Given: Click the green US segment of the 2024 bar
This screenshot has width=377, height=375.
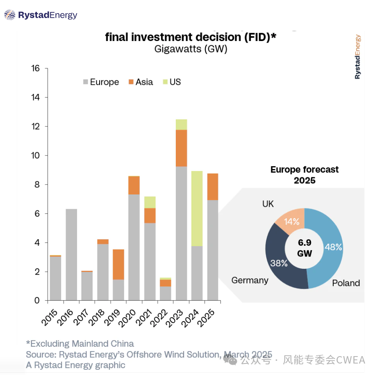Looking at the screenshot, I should (x=197, y=208).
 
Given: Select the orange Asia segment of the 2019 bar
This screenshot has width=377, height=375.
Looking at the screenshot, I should (x=118, y=264).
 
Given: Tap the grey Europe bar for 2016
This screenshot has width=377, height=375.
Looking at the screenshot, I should (x=71, y=254).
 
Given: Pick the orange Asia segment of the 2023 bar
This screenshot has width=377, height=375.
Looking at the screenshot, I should (x=181, y=148).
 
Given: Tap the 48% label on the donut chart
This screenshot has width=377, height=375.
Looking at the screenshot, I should (x=333, y=247).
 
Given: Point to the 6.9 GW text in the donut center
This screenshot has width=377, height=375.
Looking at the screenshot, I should (x=304, y=248).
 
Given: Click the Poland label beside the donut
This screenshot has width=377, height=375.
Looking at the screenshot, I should (x=346, y=283).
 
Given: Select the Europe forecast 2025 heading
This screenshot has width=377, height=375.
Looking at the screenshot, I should (x=304, y=174).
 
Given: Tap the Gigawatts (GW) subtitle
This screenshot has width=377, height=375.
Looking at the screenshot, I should (x=191, y=49).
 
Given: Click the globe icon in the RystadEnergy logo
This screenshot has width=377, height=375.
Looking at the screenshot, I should (x=10, y=15).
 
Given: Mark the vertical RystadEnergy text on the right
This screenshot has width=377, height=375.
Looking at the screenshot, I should (x=357, y=57).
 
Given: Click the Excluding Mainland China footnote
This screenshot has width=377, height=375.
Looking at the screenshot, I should (x=80, y=343).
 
